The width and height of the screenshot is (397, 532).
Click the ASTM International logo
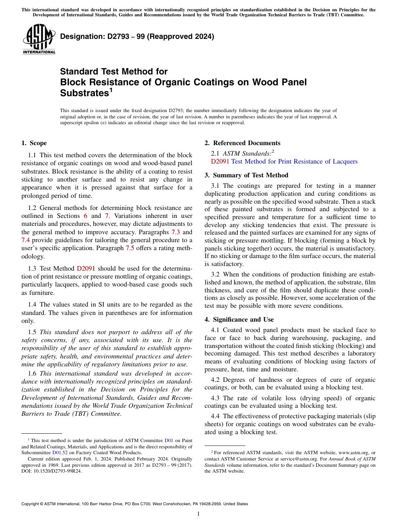[39, 40]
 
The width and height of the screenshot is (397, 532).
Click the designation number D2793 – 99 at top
[137, 36]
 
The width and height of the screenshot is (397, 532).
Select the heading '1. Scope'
[34, 143]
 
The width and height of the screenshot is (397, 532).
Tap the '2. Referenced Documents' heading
[242, 143]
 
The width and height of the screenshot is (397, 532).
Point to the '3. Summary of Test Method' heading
[246, 175]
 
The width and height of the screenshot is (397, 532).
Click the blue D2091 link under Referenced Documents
[220, 161]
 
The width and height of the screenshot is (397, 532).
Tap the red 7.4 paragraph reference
[25, 240]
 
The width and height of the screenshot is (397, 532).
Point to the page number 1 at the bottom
[198, 514]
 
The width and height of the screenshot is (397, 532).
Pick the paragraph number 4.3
[216, 398]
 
